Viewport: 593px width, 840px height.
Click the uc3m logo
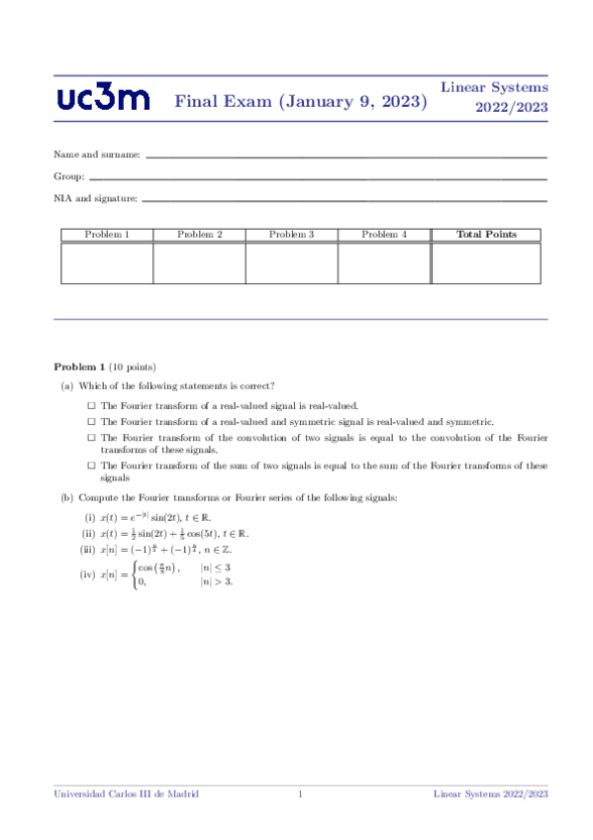coord(104,98)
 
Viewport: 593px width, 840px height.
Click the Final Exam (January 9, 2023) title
coord(301,101)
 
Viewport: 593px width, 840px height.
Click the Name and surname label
coord(97,156)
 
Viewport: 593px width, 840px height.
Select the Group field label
coord(68,177)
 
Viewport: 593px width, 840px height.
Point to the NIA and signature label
coord(95,199)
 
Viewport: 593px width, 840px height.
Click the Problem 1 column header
coord(107,235)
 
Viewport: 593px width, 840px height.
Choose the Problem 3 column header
coord(291,235)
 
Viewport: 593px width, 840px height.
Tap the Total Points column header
coord(485,235)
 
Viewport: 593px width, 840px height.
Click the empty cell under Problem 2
coord(199,262)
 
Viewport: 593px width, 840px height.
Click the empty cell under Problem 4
coord(383,262)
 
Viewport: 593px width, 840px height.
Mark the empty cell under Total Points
coord(485,262)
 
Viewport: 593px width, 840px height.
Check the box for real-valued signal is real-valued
coord(91,406)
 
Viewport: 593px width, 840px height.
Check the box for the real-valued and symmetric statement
coord(91,422)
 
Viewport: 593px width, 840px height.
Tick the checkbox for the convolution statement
coord(91,437)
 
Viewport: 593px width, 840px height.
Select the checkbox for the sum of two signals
coord(91,466)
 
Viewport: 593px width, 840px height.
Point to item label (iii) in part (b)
coord(88,550)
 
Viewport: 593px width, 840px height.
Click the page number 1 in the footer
coord(300,794)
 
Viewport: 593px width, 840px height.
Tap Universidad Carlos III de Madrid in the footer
coord(126,794)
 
